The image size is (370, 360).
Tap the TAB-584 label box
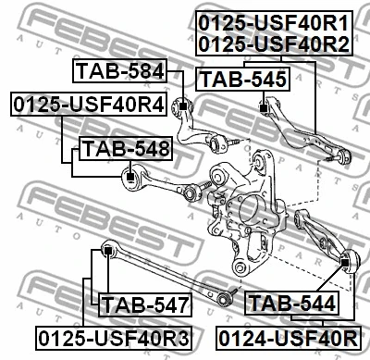120,70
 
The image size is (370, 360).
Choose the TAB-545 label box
244,81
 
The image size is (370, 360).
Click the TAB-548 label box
125,147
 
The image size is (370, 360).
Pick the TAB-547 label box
144,303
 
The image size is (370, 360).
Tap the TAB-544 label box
290,303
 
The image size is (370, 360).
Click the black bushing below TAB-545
264,109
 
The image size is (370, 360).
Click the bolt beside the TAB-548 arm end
196,192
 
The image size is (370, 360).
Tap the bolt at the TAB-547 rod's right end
223,298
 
